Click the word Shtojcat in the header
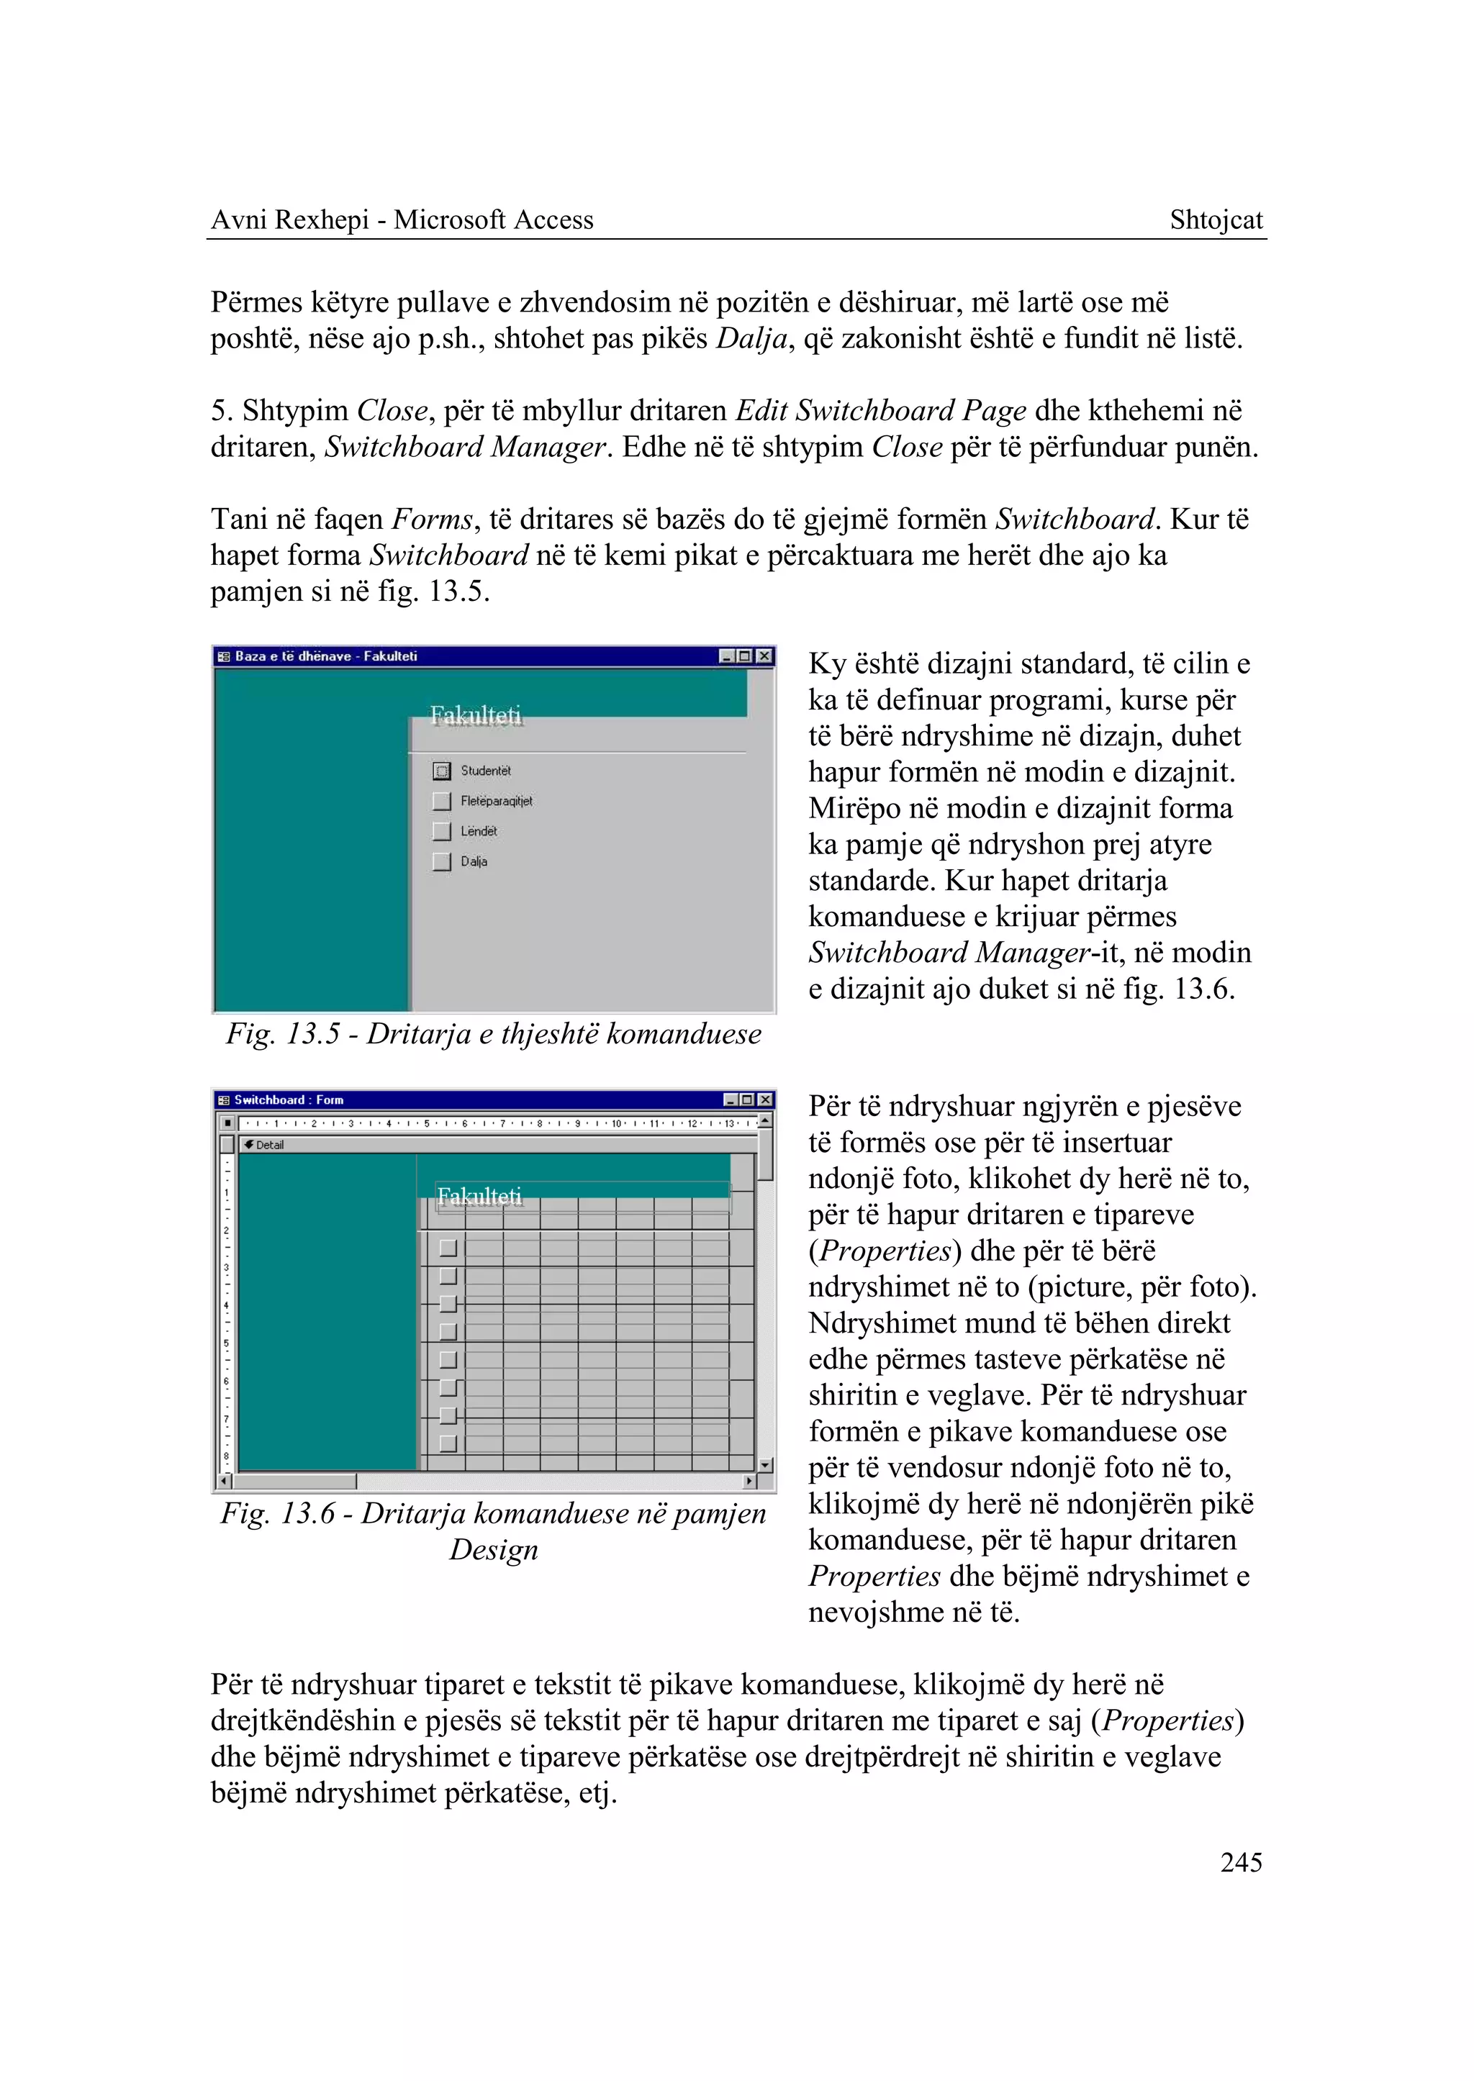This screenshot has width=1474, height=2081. [x=1216, y=219]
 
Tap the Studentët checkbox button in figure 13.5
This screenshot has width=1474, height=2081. [x=442, y=771]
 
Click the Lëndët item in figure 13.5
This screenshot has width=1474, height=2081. [x=479, y=830]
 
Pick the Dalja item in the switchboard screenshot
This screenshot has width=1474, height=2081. [x=474, y=861]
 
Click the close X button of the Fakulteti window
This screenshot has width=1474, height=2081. [x=764, y=656]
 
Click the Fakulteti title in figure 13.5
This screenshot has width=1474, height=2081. [x=476, y=715]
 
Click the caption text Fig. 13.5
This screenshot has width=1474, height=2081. [x=282, y=1034]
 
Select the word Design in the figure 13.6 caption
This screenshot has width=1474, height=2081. [x=494, y=1549]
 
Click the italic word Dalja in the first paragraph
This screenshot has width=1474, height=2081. [x=750, y=338]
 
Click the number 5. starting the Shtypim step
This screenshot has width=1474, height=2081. [x=222, y=411]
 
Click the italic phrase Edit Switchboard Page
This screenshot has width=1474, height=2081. [x=880, y=411]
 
